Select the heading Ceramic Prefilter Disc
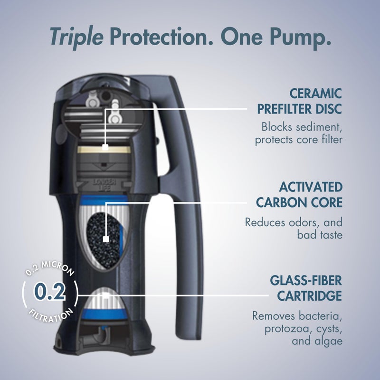[x=299, y=100]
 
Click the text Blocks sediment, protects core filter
[x=298, y=133]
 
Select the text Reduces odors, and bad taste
[x=294, y=228]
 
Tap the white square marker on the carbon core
[x=106, y=239]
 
